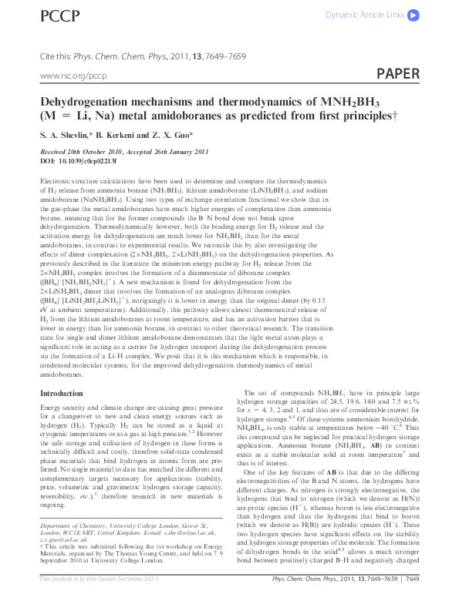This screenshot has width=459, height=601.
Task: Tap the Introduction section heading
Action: (61, 394)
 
